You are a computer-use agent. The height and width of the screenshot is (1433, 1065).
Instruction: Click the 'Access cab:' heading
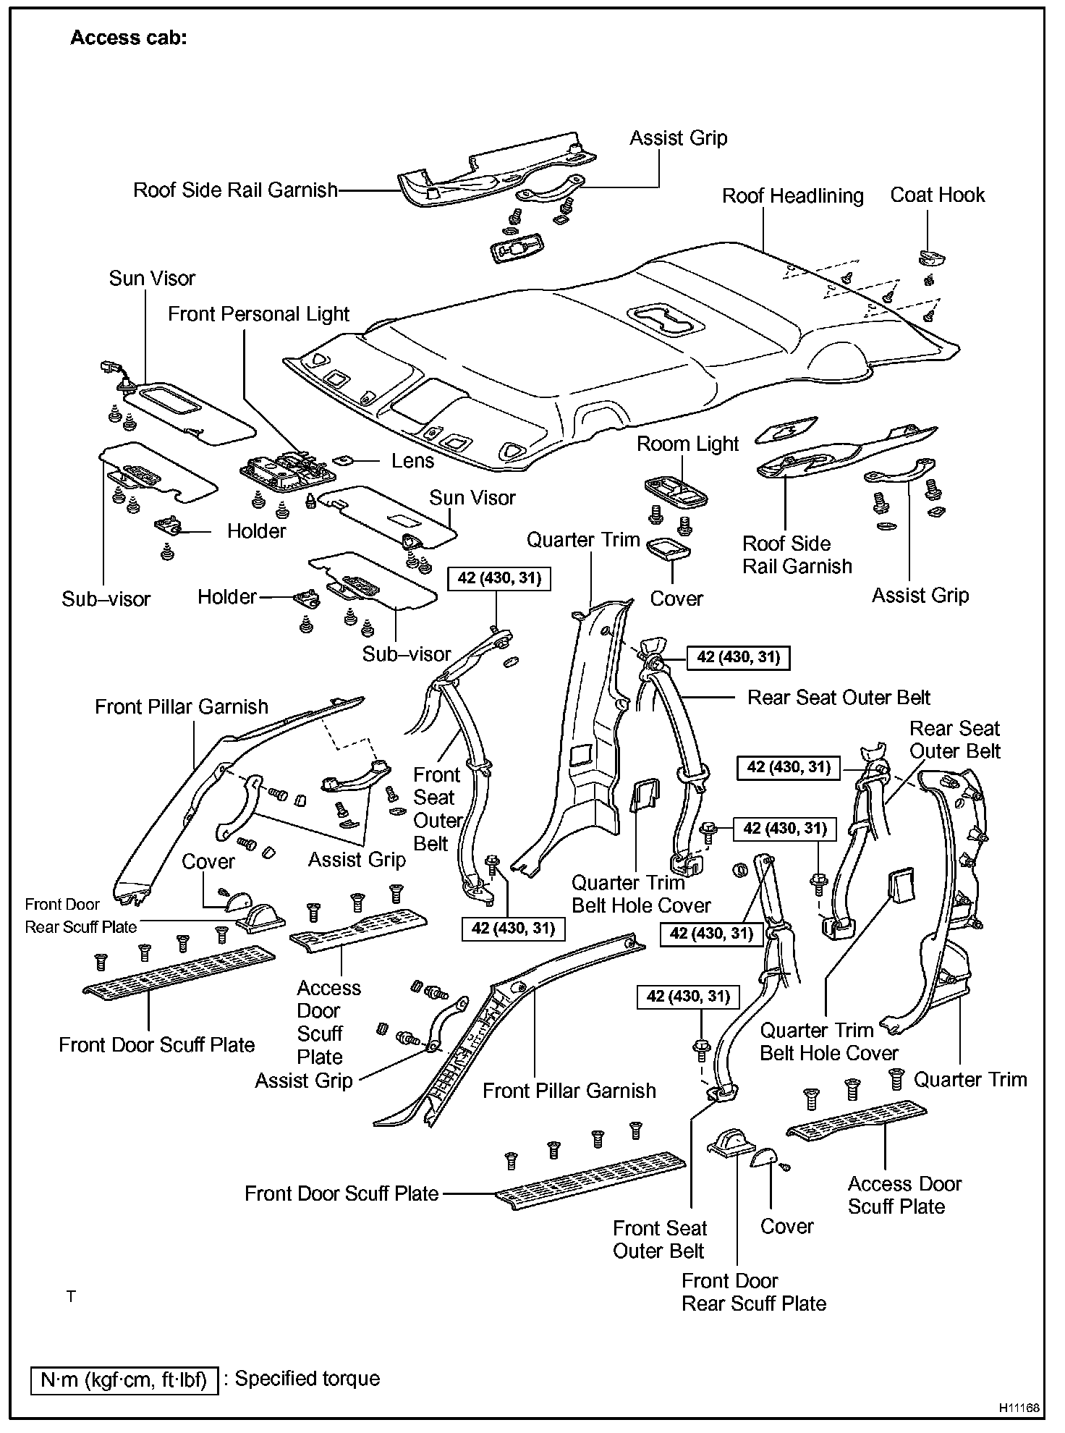[128, 38]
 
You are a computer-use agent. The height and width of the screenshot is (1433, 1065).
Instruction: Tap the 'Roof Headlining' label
[792, 196]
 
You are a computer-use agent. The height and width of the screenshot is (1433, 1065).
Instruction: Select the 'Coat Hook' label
[937, 195]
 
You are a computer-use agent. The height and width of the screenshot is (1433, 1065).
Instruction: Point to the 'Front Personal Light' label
[258, 314]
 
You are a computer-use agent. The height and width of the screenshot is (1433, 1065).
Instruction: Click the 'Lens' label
[412, 461]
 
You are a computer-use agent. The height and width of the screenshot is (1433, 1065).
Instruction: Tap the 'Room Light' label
[687, 444]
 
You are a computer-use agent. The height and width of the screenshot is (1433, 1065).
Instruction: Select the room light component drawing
[674, 491]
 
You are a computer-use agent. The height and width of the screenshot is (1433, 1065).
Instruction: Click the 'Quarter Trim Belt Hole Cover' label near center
[641, 894]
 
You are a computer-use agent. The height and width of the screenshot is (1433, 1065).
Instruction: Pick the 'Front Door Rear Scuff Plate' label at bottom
[753, 1292]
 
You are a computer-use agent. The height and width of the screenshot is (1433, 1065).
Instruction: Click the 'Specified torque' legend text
[307, 1379]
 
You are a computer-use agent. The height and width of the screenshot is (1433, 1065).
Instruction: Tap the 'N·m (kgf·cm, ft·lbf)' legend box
[124, 1380]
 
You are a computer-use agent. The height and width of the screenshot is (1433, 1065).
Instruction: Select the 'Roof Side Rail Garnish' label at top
[235, 190]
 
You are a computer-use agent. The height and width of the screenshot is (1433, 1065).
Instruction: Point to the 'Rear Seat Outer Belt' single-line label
[839, 698]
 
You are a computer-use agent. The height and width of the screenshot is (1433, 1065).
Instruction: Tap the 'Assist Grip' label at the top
[678, 138]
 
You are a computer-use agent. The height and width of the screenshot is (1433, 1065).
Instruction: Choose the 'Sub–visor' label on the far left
[106, 599]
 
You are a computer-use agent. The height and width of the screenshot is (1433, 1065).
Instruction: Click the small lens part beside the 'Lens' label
[344, 460]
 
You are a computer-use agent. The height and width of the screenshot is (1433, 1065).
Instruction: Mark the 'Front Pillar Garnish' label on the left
[181, 707]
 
